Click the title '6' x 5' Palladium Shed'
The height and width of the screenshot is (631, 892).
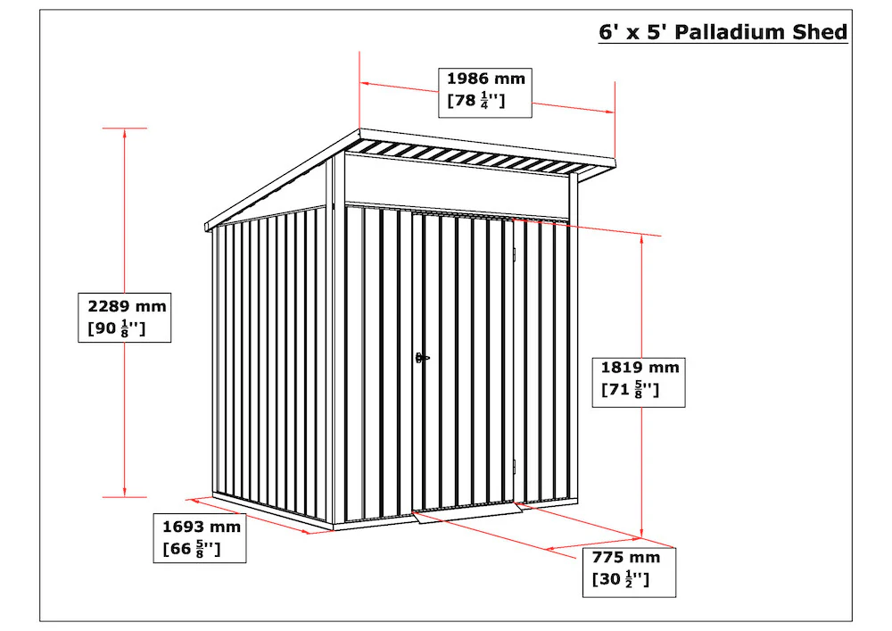click(x=723, y=32)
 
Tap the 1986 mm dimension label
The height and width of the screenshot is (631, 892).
click(x=485, y=93)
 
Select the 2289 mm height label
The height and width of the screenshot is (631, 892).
click(x=125, y=318)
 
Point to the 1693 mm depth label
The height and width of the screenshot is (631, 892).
click(x=200, y=537)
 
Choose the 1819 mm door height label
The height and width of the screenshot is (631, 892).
click(x=639, y=382)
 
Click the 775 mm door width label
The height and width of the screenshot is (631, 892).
click(x=629, y=572)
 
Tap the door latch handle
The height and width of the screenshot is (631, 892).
click(x=422, y=358)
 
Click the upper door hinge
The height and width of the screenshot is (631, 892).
click(x=514, y=254)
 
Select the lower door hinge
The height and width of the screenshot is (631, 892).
click(x=514, y=467)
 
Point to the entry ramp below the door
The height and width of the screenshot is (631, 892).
click(x=467, y=512)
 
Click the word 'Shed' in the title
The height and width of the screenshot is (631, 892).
click(x=820, y=32)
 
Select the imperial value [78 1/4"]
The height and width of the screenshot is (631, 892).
click(x=476, y=100)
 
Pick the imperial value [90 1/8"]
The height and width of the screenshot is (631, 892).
click(x=117, y=328)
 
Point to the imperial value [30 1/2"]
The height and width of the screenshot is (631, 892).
click(x=621, y=579)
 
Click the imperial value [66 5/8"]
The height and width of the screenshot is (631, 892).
click(x=192, y=549)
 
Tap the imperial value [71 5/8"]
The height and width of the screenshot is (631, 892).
click(x=631, y=390)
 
